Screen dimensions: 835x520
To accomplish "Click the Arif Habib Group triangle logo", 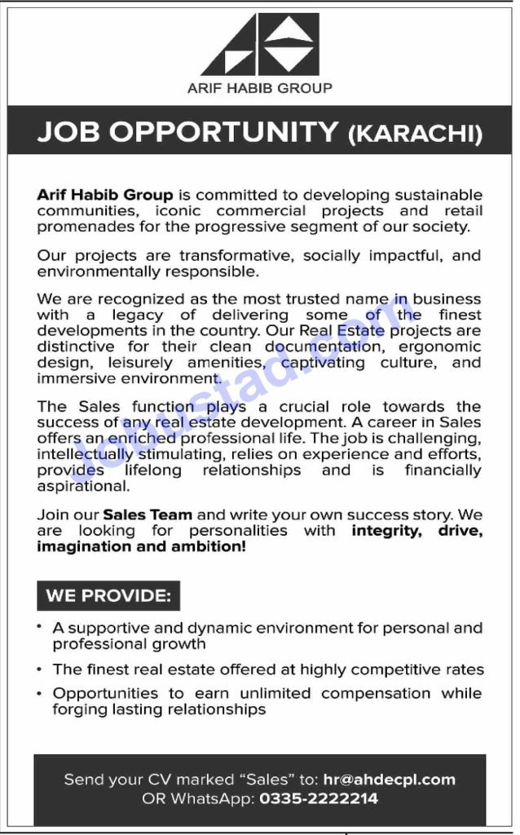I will coord(260,45).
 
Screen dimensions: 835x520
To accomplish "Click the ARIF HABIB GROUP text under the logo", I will coord(260,88).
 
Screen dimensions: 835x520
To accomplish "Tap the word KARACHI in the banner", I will coord(415,133).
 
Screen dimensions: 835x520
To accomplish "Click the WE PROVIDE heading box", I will coord(108,595).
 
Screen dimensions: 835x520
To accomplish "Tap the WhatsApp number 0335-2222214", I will coord(319,798).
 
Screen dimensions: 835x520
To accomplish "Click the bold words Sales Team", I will coord(148,515).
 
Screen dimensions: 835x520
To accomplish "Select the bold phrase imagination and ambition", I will coord(141,546).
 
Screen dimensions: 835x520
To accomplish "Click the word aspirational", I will coord(82,485).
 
